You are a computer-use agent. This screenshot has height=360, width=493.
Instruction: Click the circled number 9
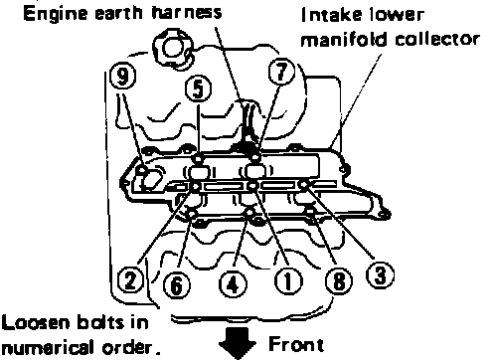tap(122, 78)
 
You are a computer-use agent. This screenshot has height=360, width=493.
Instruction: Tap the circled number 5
tap(198, 90)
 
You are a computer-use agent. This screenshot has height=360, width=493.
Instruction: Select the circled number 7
tap(281, 72)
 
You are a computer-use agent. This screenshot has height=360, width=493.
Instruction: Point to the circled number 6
tap(177, 285)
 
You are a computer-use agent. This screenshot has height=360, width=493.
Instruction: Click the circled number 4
tap(233, 284)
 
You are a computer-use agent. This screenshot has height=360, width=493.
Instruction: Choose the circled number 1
tap(288, 281)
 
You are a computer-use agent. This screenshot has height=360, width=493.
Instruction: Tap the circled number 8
tap(339, 281)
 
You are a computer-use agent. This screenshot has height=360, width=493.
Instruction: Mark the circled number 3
tap(380, 275)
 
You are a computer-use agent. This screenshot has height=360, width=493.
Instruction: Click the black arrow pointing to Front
tap(238, 343)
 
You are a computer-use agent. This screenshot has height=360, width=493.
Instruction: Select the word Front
tap(296, 344)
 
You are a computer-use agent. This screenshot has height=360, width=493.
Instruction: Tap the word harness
tap(187, 13)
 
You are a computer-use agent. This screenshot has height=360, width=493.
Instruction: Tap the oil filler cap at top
tap(172, 48)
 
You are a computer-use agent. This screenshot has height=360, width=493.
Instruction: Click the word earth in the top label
tap(118, 13)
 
